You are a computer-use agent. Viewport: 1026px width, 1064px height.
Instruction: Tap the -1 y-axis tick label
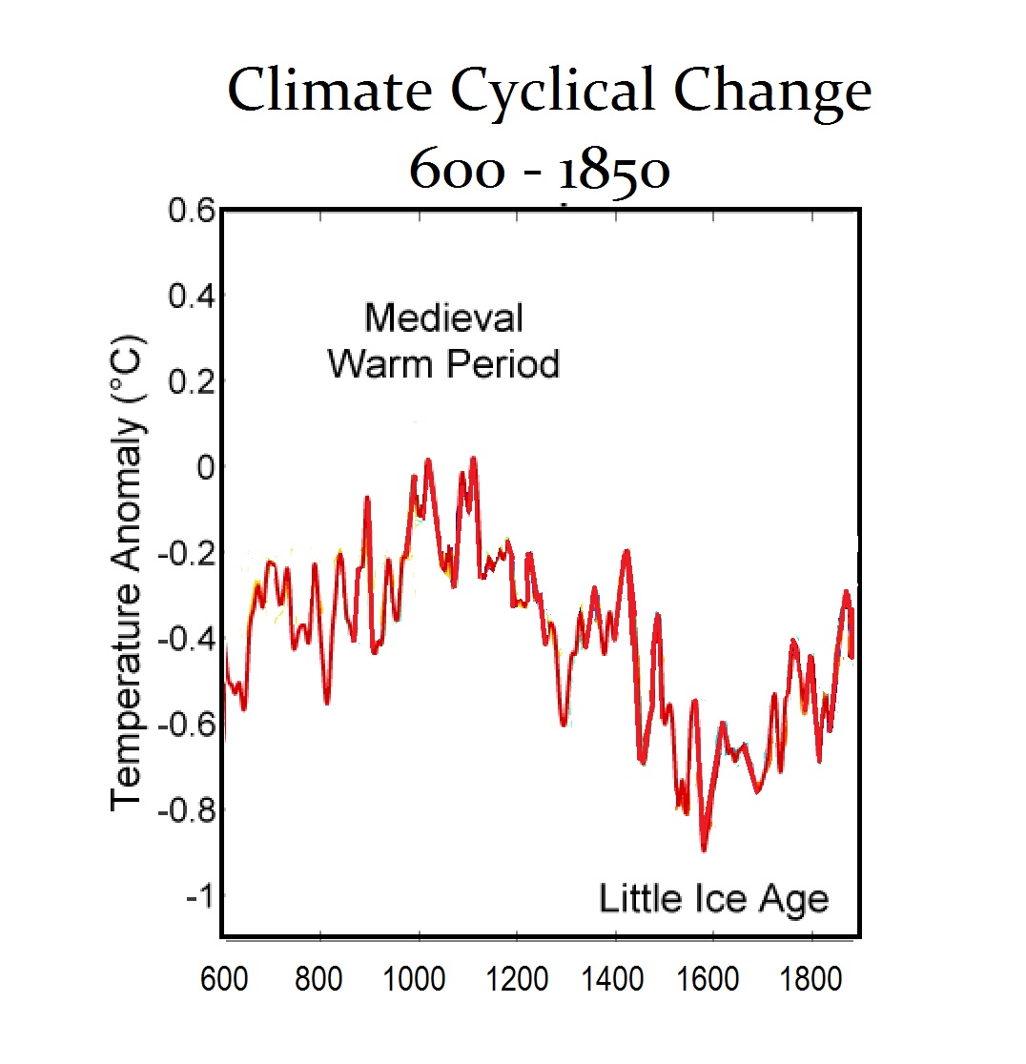196,896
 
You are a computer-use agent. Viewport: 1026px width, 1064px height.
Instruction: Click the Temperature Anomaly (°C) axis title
129,572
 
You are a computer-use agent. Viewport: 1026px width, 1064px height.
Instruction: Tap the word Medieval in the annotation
443,317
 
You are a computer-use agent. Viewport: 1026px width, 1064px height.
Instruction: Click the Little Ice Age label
713,898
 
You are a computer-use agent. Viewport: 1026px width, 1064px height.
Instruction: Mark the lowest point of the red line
704,849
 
